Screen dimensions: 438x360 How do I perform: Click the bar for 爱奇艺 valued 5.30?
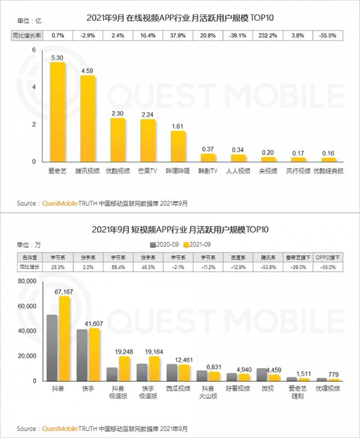point(57,112)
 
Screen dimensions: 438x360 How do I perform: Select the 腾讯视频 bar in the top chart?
point(88,119)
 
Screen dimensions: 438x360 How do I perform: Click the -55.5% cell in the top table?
point(328,35)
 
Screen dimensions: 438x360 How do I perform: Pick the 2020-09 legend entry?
point(163,245)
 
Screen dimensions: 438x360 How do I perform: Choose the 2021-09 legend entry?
point(197,245)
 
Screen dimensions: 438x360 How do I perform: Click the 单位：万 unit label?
point(21,244)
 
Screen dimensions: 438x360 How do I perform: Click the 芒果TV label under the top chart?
point(148,170)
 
